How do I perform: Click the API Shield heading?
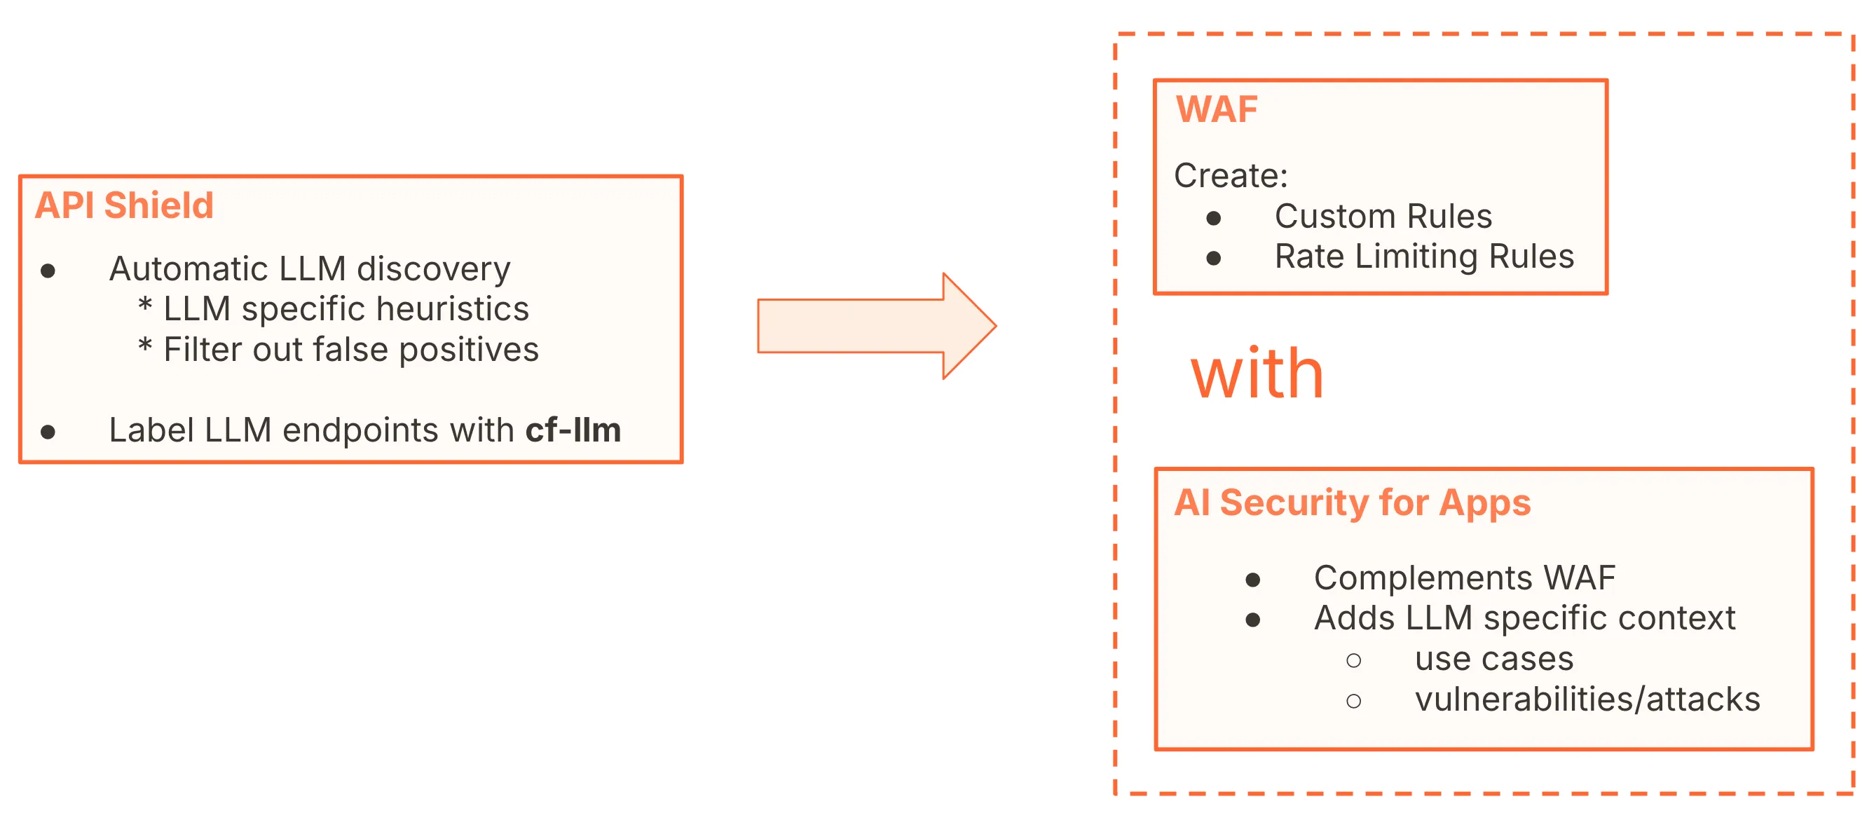125,205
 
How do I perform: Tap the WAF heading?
1217,110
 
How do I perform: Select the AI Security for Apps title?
1353,502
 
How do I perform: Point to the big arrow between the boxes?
873,326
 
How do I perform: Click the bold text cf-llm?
573,430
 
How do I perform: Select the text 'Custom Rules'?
1383,216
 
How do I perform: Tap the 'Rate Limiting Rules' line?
1423,256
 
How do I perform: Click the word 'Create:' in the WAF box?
1231,175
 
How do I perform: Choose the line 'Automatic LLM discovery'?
309,269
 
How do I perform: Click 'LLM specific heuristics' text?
346,309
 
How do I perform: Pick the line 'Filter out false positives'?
350,350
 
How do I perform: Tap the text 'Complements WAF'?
1465,578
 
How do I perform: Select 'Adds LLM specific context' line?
1524,618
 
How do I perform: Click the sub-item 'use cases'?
1493,660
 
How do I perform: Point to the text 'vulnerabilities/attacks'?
1587,699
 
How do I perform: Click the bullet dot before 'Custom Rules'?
1213,218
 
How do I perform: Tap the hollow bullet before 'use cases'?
1353,661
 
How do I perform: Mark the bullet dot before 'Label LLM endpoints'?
48,432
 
